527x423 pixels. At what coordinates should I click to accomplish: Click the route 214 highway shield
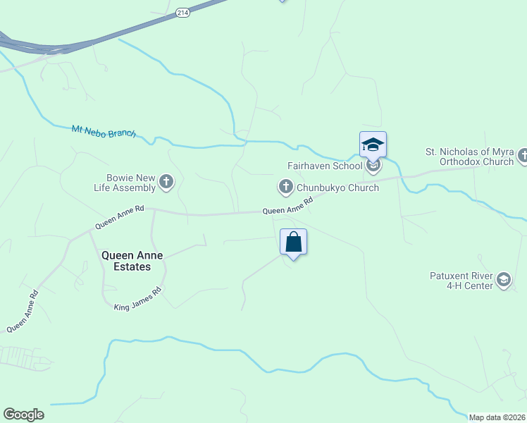pyautogui.click(x=182, y=13)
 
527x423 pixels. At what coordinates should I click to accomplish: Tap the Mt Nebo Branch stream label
pyautogui.click(x=104, y=131)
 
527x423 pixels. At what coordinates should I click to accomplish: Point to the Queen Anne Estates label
pyautogui.click(x=126, y=261)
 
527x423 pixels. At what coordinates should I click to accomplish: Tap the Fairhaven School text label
pyautogui.click(x=324, y=166)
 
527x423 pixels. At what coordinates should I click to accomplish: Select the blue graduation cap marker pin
pyautogui.click(x=373, y=146)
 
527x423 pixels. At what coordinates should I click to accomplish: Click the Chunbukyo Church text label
pyautogui.click(x=337, y=188)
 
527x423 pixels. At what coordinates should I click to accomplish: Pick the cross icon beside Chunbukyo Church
pyautogui.click(x=285, y=187)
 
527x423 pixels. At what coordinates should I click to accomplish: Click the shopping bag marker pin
pyautogui.click(x=294, y=242)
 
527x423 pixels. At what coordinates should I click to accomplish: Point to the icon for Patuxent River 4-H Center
pyautogui.click(x=503, y=281)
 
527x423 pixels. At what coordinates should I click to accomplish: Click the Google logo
pyautogui.click(x=23, y=415)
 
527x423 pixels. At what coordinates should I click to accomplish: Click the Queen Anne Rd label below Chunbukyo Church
pyautogui.click(x=287, y=209)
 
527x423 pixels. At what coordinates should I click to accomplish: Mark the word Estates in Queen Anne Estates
pyautogui.click(x=133, y=267)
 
